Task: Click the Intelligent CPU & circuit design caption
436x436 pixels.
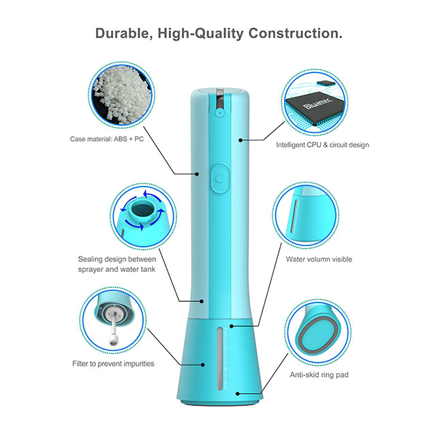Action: point(322,145)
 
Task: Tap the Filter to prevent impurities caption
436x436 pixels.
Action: point(114,364)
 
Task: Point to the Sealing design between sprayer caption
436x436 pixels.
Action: point(116,264)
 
